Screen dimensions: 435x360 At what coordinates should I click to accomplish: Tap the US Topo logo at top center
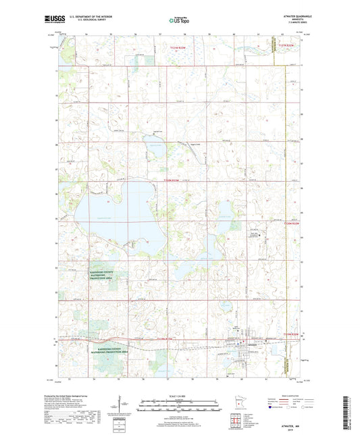tap(180, 21)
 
